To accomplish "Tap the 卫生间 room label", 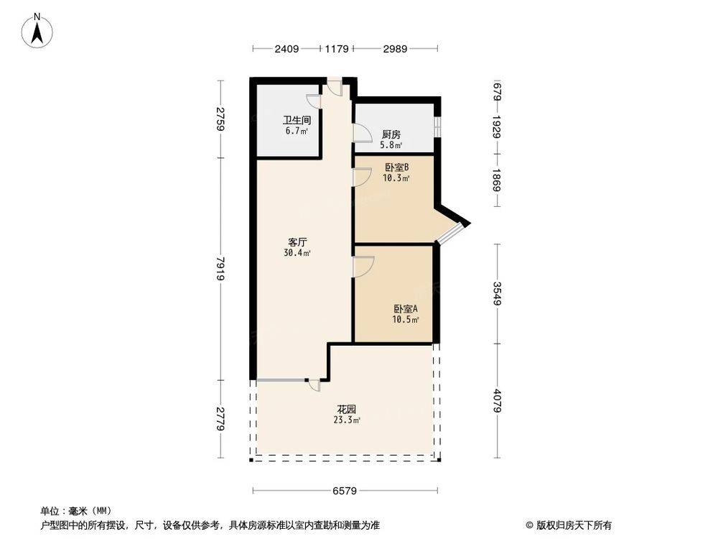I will point(296,121).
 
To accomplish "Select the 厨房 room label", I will point(391,134).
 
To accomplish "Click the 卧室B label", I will point(396,167).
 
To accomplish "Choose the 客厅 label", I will point(297,242).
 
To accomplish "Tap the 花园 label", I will point(346,410).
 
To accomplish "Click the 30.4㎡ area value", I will point(297,253).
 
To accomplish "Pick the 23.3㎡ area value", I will point(346,420).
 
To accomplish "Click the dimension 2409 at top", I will point(286,49).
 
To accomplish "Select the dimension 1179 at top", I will point(336,49).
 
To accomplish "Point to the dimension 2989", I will point(395,49).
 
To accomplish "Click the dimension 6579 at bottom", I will point(345,492).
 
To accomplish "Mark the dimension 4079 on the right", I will point(497,400).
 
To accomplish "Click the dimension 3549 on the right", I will point(497,293).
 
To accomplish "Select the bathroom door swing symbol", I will point(314,101).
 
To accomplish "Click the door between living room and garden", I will point(314,385).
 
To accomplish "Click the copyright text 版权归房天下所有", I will point(572,525).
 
